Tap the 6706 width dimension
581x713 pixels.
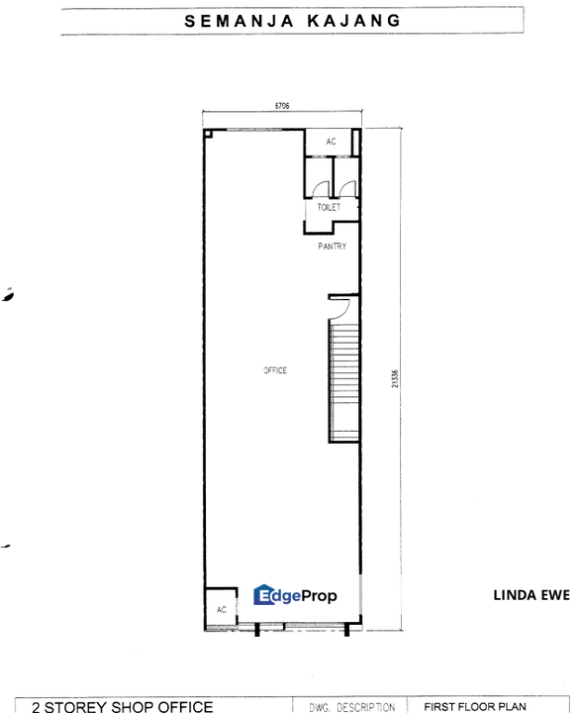281,105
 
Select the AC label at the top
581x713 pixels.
331,142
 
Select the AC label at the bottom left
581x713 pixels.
221,610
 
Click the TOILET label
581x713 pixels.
330,208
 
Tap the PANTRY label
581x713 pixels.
332,246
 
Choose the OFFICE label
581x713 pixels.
274,369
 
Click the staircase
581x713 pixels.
343,381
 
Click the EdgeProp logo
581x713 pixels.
296,595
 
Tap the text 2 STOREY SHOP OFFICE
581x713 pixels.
123,706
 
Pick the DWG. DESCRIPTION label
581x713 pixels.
350,707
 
